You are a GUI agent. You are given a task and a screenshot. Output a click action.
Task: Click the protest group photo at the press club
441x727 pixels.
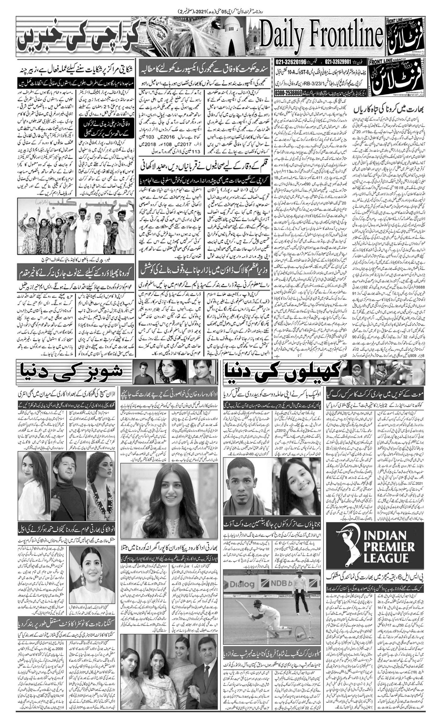(x=76, y=226)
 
